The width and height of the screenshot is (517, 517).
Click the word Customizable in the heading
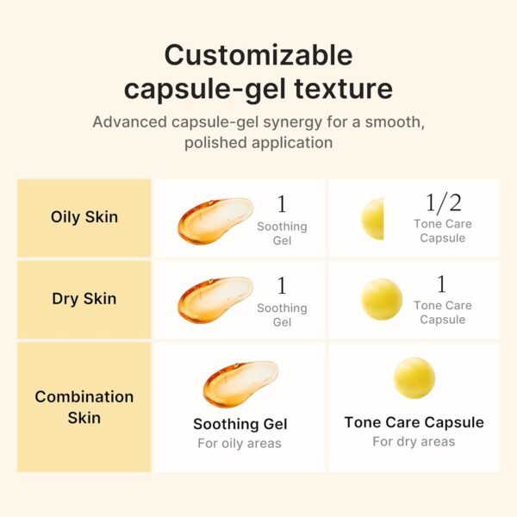point(258,54)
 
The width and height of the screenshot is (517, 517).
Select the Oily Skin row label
point(84,216)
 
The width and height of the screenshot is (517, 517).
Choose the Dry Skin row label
point(84,299)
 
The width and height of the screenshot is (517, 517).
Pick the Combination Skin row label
point(84,407)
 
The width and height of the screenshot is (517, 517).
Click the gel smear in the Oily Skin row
point(214,220)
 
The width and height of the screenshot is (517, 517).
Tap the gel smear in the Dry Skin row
point(214,300)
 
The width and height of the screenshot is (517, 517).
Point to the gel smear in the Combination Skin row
point(239,383)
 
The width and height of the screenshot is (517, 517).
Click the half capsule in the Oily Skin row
point(373,219)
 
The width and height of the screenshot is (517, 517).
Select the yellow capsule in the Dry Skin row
point(381,299)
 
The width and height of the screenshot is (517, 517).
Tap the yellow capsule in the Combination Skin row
point(414,377)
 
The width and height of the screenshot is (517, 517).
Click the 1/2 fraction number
point(442,202)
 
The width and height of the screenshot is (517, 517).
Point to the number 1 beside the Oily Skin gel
point(282,204)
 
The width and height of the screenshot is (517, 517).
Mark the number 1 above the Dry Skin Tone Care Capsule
point(442,284)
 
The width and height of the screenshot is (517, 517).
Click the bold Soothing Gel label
point(240,424)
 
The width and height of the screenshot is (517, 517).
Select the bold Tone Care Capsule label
point(414,422)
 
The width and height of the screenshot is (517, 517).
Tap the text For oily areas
point(240,444)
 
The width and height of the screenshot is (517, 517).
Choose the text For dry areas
point(414,442)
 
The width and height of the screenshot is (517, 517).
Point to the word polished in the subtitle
point(213,142)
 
